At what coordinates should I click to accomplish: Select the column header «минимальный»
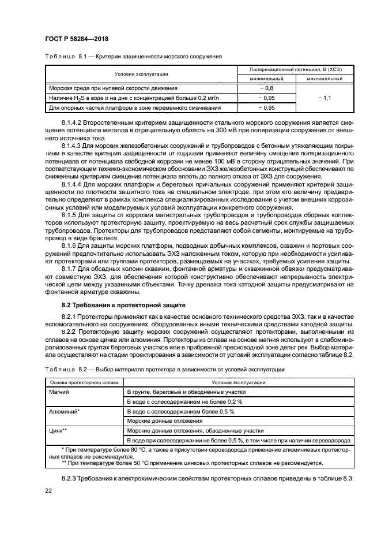pyautogui.click(x=266, y=79)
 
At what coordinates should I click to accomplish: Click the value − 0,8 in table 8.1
pyautogui.click(x=266, y=87)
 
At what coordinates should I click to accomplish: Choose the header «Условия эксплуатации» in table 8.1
pyautogui.click(x=141, y=74)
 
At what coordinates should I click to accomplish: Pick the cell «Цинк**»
pyautogui.click(x=59, y=430)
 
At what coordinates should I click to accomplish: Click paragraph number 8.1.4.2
pyautogui.click(x=74, y=123)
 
